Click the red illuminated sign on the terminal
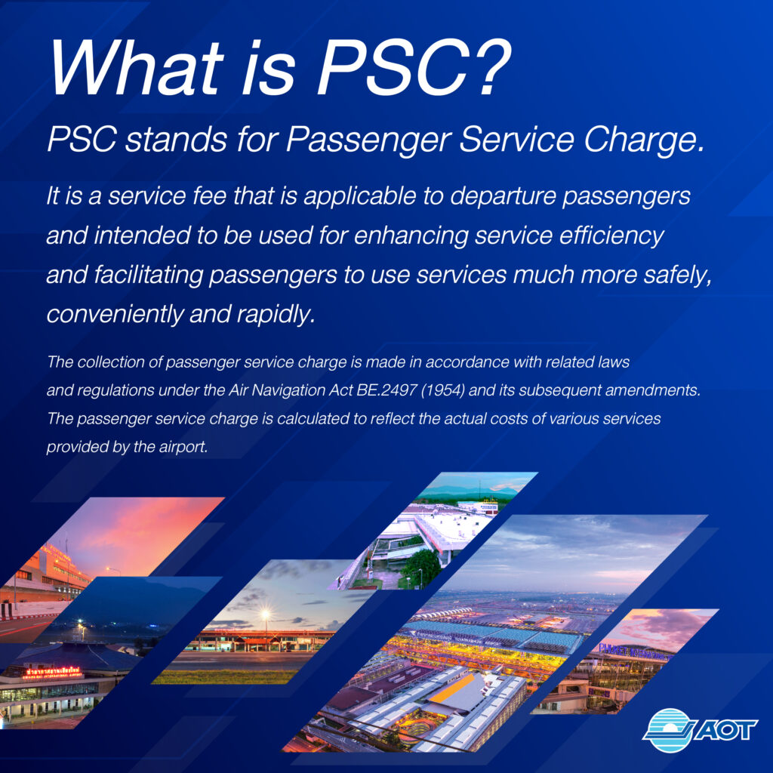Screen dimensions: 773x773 coord(52,671)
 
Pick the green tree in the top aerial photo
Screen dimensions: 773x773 coord(419,566)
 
